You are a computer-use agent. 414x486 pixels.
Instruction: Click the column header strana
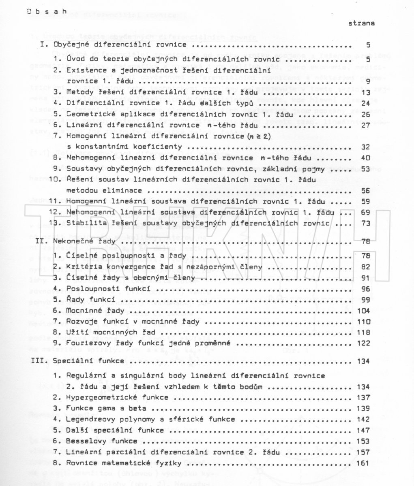click(362, 23)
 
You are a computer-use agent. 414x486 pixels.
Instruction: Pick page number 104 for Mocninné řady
click(364, 311)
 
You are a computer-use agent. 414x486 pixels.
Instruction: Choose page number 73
click(366, 223)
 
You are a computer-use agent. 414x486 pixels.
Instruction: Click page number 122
click(364, 343)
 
